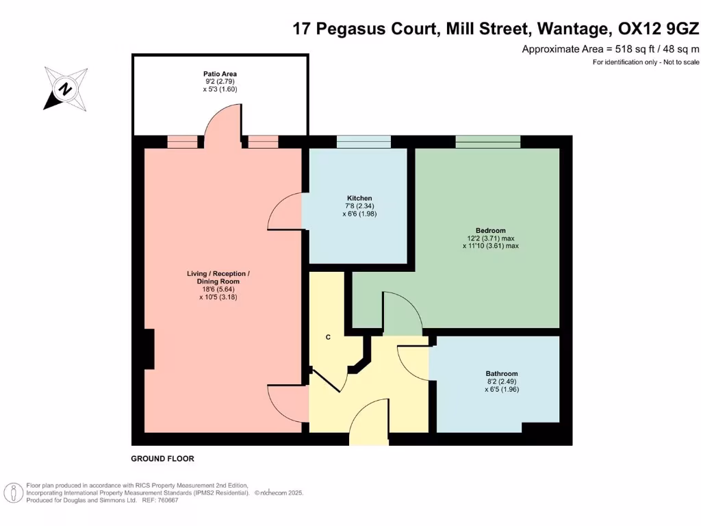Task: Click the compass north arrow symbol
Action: pos(66,88)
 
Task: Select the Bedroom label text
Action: pos(490,230)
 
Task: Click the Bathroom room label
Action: pos(502,374)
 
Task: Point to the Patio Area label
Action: pos(220,74)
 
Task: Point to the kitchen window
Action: pos(364,142)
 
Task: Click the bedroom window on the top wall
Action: pos(487,142)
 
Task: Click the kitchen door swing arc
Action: pos(284,212)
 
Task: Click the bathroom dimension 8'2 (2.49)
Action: pos(501,382)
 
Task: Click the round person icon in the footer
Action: pos(12,492)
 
